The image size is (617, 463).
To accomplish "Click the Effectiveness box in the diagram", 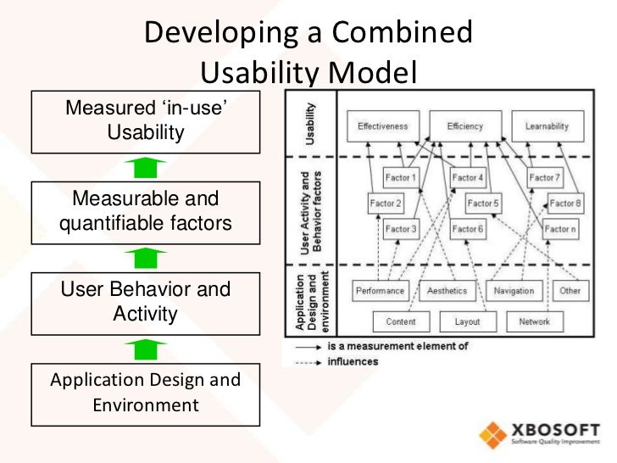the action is (x=382, y=126).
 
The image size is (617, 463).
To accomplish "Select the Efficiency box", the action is (x=464, y=126).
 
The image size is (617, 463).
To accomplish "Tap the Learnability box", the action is (x=547, y=126).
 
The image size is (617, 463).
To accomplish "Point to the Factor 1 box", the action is (x=401, y=178).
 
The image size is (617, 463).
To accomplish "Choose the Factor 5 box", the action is (x=483, y=204).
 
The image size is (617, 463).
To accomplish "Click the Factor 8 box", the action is (x=565, y=204).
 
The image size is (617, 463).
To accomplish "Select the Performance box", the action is (x=380, y=291).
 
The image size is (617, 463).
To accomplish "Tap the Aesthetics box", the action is (x=448, y=291).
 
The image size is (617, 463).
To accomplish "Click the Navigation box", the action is (x=514, y=291).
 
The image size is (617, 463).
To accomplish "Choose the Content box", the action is (x=401, y=321).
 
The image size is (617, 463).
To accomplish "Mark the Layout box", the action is (x=466, y=321).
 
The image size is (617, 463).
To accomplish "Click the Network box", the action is (x=534, y=321).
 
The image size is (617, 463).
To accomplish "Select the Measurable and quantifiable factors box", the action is (x=146, y=211).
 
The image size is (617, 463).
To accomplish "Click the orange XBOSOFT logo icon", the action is (x=494, y=434).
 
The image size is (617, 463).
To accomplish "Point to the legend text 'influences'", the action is (x=354, y=360).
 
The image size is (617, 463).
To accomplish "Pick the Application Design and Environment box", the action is (x=146, y=392).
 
